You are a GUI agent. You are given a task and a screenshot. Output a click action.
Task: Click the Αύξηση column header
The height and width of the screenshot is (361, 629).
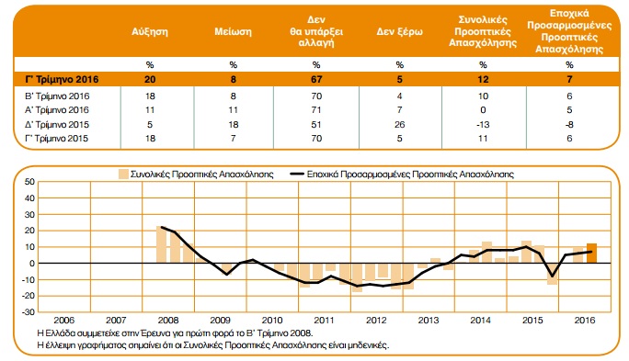coord(150,31)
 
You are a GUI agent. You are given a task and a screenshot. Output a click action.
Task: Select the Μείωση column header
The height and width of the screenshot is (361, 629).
coord(233,31)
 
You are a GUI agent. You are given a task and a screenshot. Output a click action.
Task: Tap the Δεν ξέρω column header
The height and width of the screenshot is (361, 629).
coord(399,31)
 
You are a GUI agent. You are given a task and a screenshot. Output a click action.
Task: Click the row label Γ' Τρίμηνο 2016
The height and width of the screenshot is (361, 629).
coord(62,79)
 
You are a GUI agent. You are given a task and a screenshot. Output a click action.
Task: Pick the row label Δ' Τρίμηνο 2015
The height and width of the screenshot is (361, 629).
coord(57,125)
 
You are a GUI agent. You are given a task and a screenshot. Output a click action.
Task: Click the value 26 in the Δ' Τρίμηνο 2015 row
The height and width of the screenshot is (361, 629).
coord(399,125)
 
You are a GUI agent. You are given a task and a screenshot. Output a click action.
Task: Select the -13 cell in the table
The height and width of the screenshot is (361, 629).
coord(483,125)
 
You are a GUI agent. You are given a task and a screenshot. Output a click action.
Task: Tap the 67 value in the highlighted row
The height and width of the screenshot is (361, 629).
coord(316,79)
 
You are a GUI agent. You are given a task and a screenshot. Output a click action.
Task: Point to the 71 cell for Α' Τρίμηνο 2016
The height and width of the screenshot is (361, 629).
coord(316,110)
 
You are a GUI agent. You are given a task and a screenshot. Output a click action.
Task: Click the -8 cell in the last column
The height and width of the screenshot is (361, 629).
coord(569,125)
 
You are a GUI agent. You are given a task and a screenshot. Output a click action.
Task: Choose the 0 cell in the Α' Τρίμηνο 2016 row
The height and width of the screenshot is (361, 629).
coord(483,110)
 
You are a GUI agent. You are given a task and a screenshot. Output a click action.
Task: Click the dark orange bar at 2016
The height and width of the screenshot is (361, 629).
coord(591,254)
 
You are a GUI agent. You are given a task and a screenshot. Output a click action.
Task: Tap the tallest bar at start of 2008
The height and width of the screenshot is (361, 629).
coord(161,245)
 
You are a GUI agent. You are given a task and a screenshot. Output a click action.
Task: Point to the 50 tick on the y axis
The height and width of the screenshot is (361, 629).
coord(30,182)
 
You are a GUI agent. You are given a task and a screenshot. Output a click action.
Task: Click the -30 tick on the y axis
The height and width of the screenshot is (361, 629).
coord(29,311)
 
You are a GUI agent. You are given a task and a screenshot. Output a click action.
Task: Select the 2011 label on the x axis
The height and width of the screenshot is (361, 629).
coord(324,321)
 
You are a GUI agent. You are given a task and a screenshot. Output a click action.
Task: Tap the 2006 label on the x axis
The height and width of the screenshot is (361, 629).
coord(64,321)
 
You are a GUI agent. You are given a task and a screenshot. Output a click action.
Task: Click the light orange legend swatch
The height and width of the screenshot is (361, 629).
coord(123,174)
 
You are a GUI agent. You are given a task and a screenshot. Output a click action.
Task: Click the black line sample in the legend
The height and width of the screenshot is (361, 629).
coord(297,174)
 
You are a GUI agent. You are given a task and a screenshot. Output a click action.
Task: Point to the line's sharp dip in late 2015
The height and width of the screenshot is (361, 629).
coord(553,276)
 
